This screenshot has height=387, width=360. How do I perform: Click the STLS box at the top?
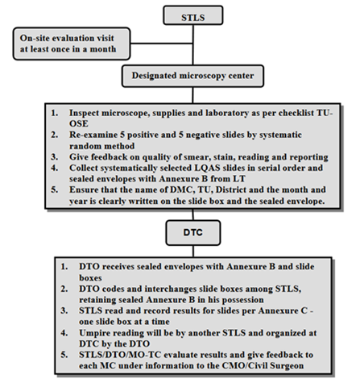click(193, 15)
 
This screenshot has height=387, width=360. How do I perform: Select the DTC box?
click(193, 233)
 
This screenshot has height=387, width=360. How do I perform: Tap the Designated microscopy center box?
click(192, 76)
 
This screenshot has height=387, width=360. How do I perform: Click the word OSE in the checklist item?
click(79, 123)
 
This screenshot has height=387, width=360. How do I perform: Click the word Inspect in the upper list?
click(84, 113)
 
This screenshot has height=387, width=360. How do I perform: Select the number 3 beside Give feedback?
click(54, 156)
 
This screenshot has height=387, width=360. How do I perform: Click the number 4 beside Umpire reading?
click(64, 333)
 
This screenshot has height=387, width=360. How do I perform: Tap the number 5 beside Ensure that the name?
click(54, 189)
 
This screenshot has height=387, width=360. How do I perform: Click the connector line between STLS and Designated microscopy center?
click(193, 45)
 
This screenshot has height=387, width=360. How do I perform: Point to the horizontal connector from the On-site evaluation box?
click(161, 44)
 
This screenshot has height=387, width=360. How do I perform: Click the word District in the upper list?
click(231, 189)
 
